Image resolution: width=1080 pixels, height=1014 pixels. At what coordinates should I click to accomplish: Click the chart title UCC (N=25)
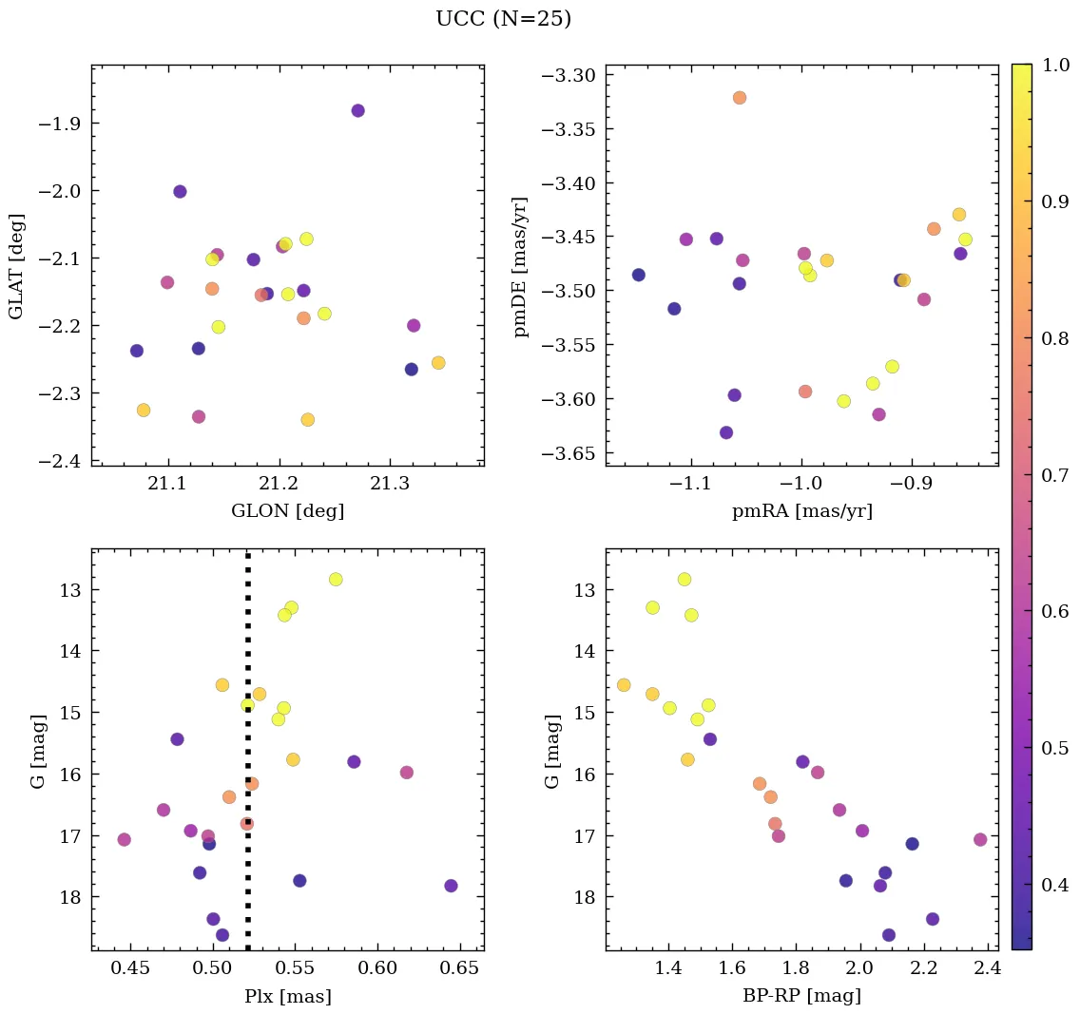(503, 19)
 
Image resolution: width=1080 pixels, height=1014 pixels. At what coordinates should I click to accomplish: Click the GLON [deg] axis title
(287, 511)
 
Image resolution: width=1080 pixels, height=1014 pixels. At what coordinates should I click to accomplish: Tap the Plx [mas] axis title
(287, 997)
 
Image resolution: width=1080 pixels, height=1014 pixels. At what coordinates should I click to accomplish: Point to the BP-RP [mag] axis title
(801, 996)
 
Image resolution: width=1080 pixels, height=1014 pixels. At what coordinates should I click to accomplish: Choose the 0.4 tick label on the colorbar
(1054, 885)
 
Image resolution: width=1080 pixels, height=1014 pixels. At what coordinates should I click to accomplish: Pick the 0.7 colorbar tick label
(1054, 475)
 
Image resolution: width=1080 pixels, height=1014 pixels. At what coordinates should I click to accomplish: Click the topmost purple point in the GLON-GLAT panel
(357, 110)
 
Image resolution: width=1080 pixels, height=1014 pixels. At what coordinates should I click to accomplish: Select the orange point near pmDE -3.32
(740, 98)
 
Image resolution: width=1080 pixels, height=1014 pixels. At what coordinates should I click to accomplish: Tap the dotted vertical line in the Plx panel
(248, 665)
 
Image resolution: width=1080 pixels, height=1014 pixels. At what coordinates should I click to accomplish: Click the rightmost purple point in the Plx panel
(451, 886)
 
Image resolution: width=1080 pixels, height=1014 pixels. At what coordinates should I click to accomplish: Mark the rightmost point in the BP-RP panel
(980, 839)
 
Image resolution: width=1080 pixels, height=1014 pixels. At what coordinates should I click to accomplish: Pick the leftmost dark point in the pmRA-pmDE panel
(639, 275)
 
